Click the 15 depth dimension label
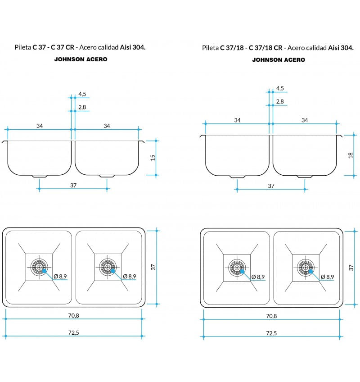pos(153,158)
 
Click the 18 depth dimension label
pos(351,155)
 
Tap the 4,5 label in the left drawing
pos(82,94)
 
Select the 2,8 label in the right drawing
pos(280,101)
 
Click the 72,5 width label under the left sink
pos(73,332)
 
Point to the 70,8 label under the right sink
pos(271,316)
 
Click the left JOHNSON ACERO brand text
pos(81,59)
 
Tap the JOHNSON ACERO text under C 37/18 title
pos(279,59)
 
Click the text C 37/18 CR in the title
pos(265,48)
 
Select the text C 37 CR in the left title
pos(63,47)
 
